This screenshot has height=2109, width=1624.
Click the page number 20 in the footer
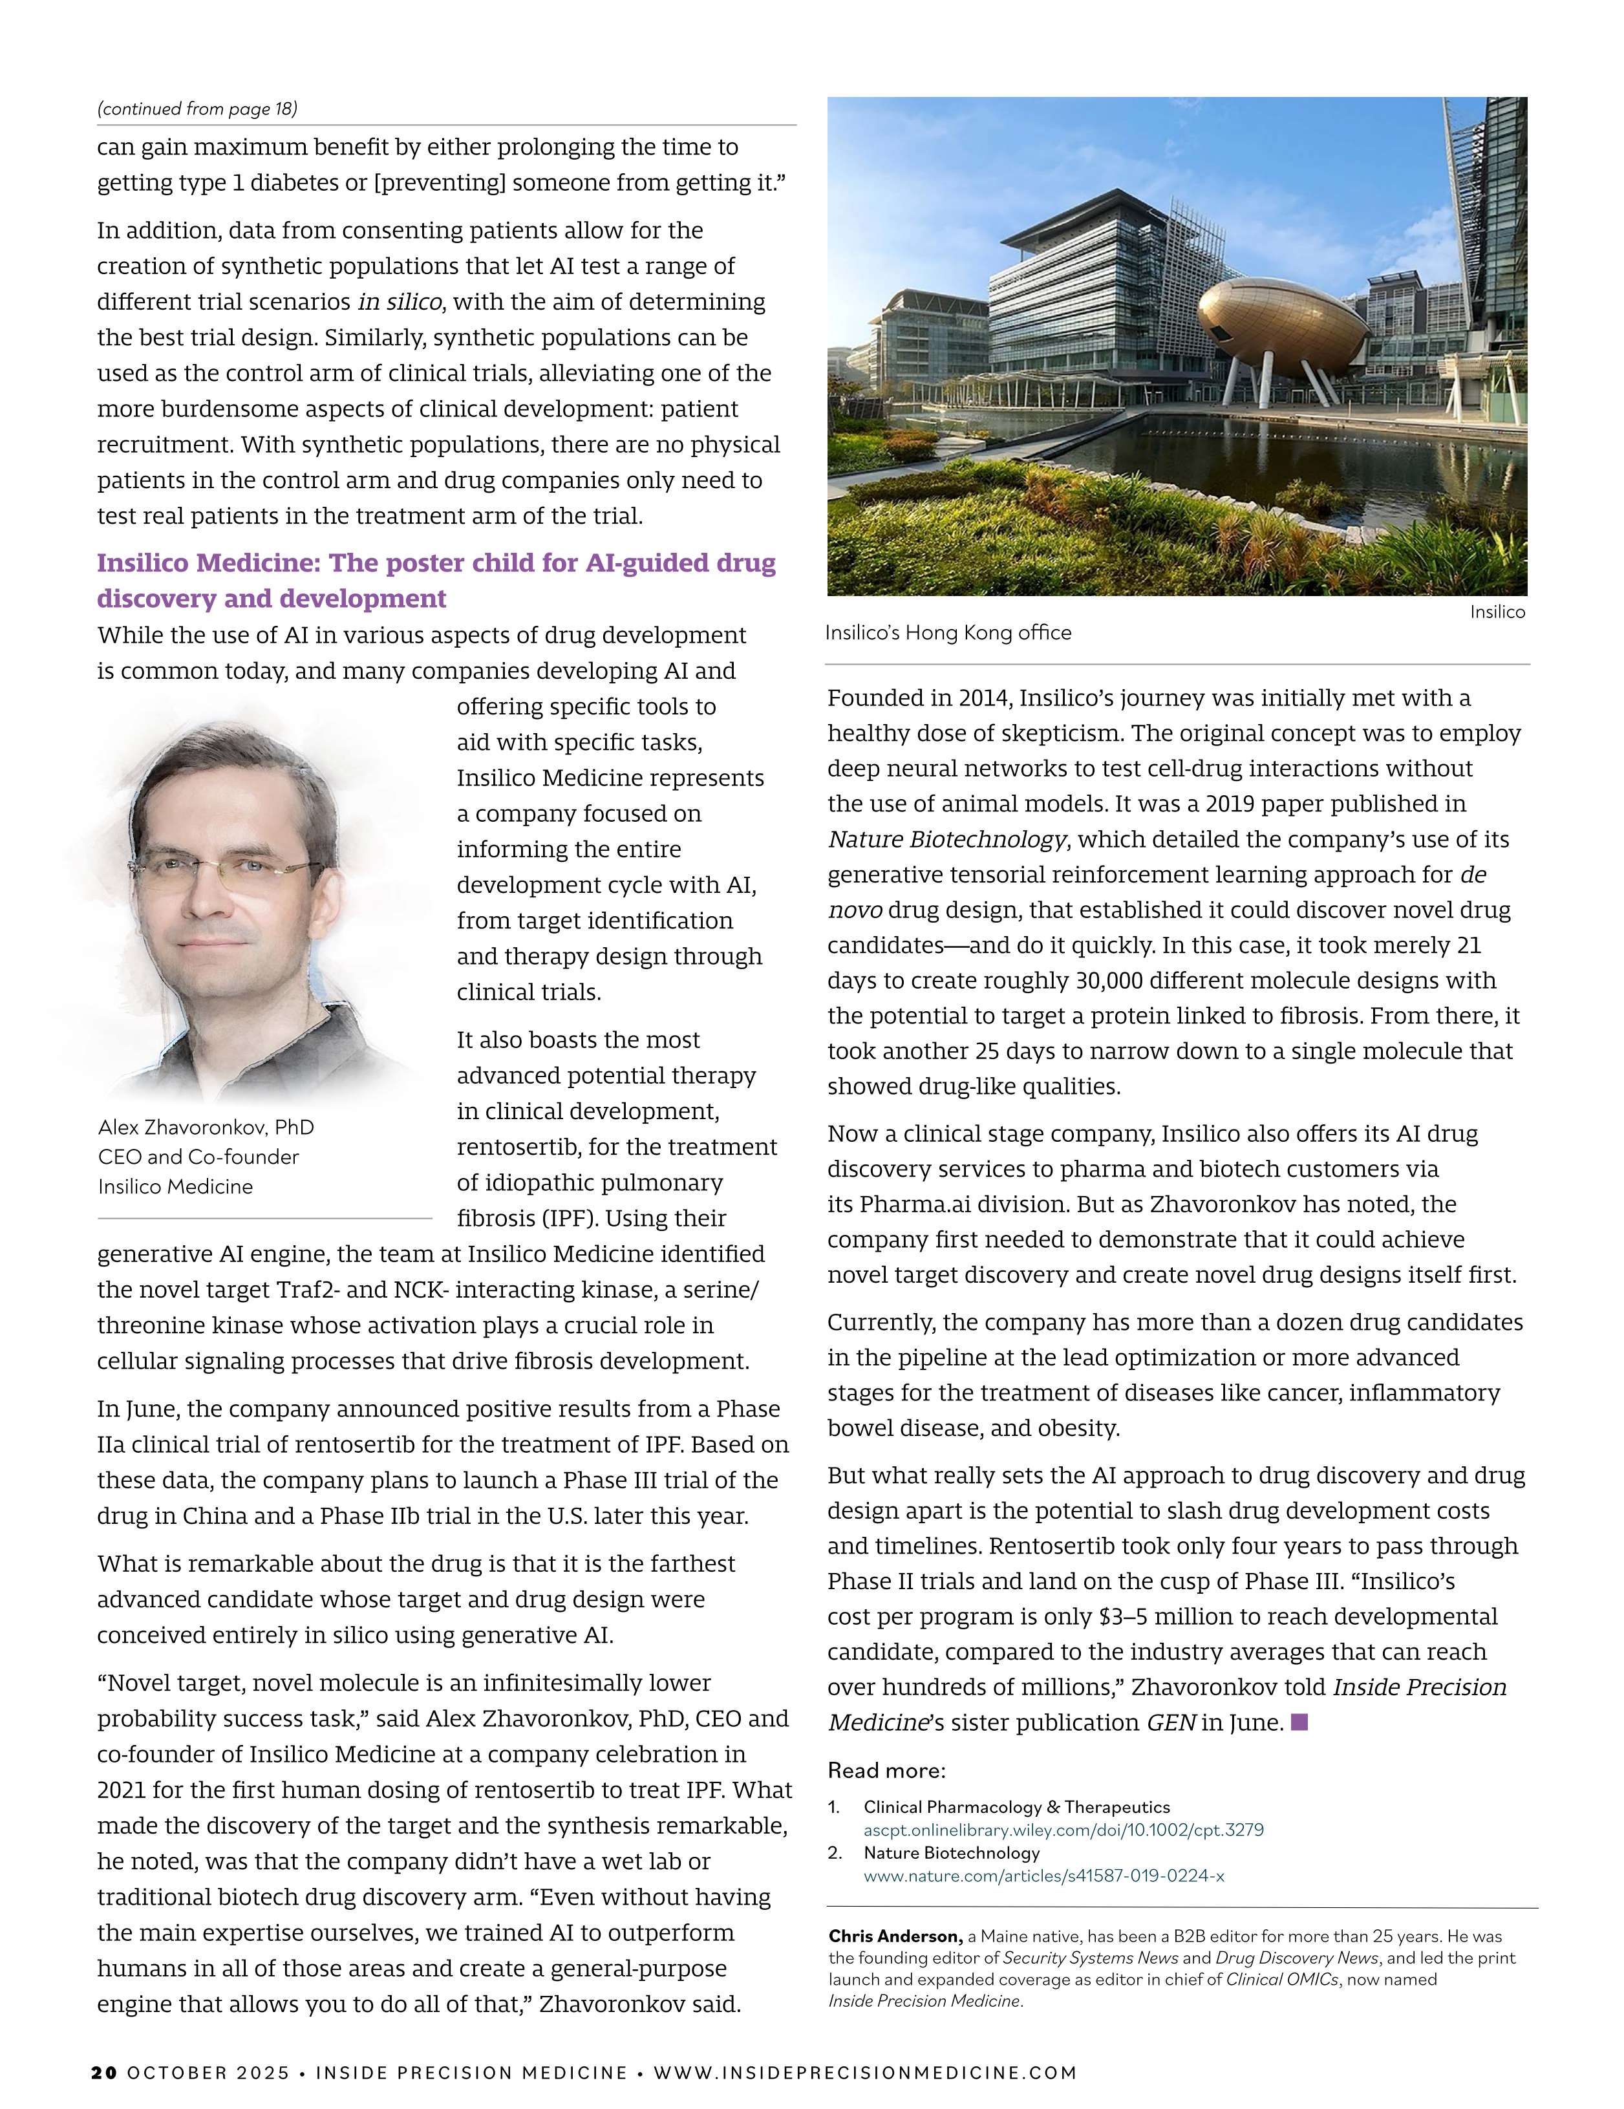tap(104, 2072)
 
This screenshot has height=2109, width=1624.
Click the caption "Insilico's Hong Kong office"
tap(948, 632)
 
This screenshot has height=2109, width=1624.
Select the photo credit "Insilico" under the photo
tap(1497, 611)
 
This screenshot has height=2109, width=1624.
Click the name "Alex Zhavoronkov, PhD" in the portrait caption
tap(206, 1127)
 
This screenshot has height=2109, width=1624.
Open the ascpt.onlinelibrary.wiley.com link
tap(1063, 1829)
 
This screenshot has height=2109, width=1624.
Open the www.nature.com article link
tap(1043, 1876)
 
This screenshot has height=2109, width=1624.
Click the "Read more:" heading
tap(886, 1770)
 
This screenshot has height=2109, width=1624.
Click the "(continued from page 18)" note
tap(197, 108)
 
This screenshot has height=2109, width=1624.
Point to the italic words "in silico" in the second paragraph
tap(400, 301)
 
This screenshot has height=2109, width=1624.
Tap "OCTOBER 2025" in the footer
tap(208, 2072)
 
